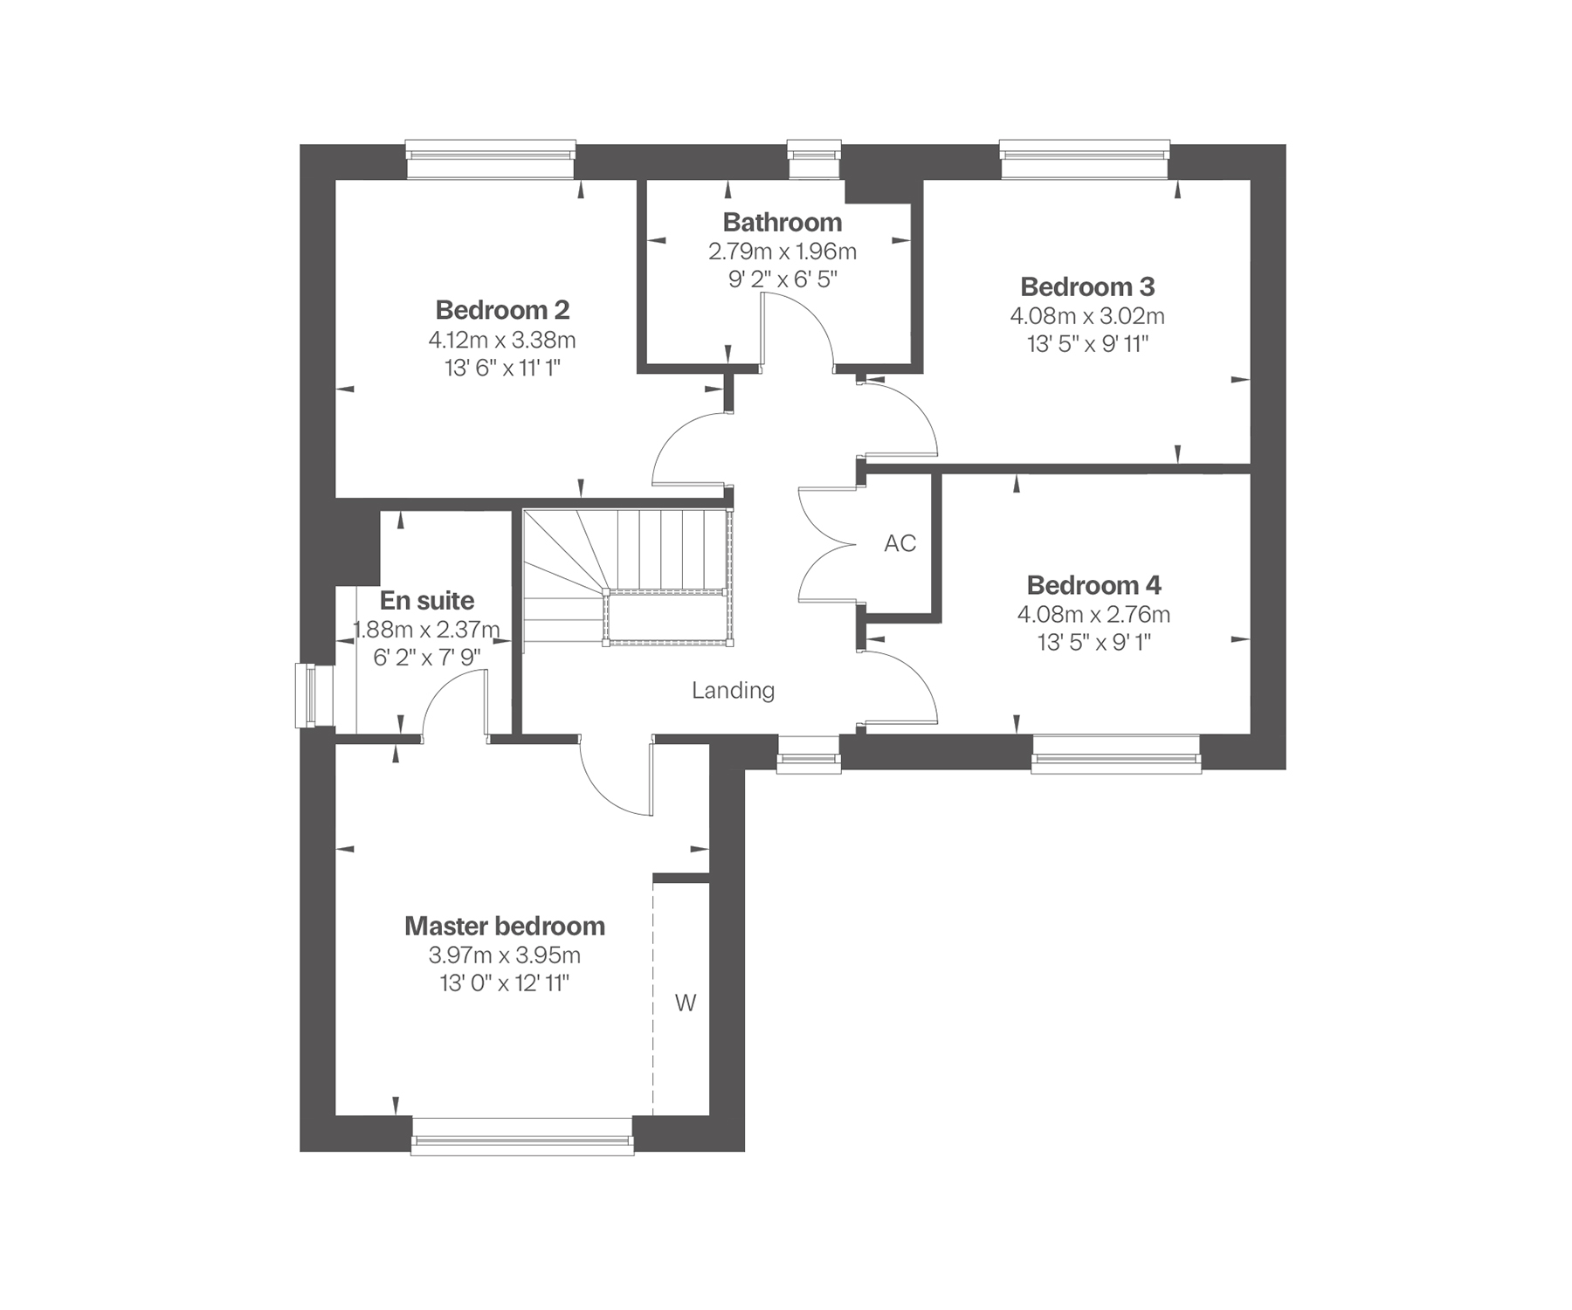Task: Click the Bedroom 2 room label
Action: point(502,310)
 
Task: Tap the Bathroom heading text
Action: point(783,222)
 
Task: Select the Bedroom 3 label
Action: point(1087,286)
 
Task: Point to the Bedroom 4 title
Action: point(1093,584)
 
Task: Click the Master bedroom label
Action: point(505,926)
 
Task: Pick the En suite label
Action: point(427,601)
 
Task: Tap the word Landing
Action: point(734,691)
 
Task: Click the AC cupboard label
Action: point(900,543)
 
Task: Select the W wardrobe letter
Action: point(686,1003)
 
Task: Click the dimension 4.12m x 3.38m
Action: point(502,340)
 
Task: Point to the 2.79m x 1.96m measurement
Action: point(783,252)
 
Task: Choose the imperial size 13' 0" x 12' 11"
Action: point(505,984)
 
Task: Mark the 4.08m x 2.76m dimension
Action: point(1093,614)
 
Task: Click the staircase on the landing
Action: point(628,578)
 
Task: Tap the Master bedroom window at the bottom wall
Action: point(522,1136)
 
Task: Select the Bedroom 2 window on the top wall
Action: point(492,160)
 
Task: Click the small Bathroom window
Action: point(815,160)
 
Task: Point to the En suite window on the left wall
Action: point(315,696)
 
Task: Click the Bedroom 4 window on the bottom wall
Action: point(1116,754)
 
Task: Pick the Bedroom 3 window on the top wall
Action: point(1085,160)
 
